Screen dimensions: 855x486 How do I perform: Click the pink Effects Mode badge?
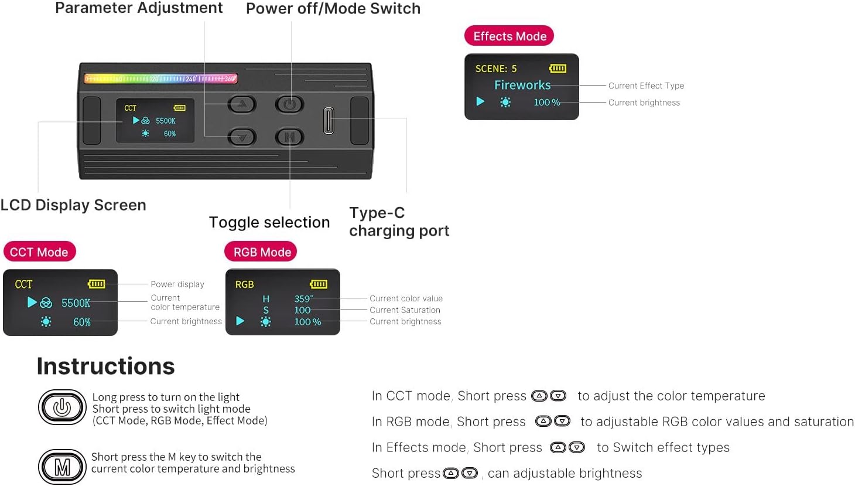pyautogui.click(x=509, y=36)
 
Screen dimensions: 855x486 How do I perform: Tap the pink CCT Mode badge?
pyautogui.click(x=39, y=252)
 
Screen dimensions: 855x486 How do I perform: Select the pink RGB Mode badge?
pyautogui.click(x=261, y=252)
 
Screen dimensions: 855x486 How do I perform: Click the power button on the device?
pyautogui.click(x=289, y=104)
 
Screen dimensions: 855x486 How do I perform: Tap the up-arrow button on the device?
pyautogui.click(x=242, y=104)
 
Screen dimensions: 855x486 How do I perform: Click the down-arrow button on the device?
pyautogui.click(x=242, y=137)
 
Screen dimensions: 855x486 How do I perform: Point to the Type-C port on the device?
pyautogui.click(x=329, y=120)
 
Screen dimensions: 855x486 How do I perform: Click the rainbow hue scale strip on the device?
pyautogui.click(x=160, y=79)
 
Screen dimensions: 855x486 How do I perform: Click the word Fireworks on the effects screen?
pyautogui.click(x=522, y=85)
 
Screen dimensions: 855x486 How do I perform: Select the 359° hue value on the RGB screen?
pyautogui.click(x=303, y=298)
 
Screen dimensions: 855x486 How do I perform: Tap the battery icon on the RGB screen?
pyautogui.click(x=319, y=284)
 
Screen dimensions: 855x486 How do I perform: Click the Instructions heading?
pyautogui.click(x=106, y=366)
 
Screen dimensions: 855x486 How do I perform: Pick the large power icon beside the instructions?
pyautogui.click(x=62, y=407)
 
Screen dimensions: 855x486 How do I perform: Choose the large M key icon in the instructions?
pyautogui.click(x=62, y=467)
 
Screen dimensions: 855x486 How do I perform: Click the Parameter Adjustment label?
pyautogui.click(x=139, y=8)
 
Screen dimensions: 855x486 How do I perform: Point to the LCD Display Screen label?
pyautogui.click(x=73, y=205)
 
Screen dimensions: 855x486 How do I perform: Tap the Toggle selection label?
pyautogui.click(x=269, y=222)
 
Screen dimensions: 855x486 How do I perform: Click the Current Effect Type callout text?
pyautogui.click(x=646, y=86)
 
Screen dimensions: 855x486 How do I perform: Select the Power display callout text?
pyautogui.click(x=177, y=284)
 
